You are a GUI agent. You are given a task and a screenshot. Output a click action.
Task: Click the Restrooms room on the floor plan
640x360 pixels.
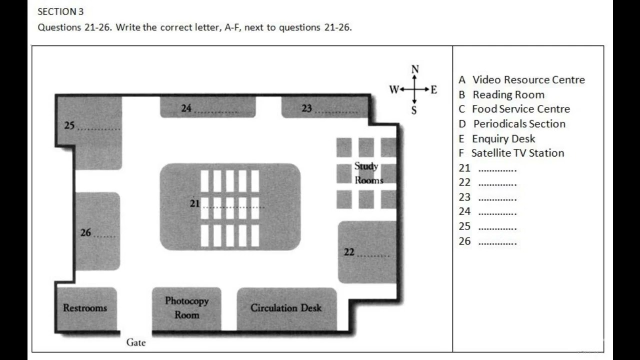(x=85, y=308)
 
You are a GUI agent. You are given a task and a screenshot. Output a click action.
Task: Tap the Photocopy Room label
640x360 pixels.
(x=186, y=308)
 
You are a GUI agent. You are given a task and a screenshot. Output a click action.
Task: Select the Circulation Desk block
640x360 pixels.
(x=286, y=308)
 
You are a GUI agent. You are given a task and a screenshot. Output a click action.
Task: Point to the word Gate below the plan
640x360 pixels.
(x=135, y=342)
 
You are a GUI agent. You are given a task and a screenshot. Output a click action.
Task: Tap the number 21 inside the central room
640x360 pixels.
(x=194, y=203)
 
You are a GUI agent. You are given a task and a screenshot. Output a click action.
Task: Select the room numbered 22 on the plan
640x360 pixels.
(x=367, y=252)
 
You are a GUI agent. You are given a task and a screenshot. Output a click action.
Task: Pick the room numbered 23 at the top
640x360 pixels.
(x=325, y=108)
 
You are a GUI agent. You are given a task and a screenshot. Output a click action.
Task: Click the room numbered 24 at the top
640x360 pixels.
(x=207, y=108)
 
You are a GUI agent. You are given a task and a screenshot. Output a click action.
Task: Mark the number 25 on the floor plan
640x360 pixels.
(x=69, y=125)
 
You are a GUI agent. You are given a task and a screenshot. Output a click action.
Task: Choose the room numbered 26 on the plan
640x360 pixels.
(x=97, y=231)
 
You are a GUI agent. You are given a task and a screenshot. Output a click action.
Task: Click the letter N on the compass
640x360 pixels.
(x=414, y=69)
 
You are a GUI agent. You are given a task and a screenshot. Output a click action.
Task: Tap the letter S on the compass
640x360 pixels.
(x=414, y=110)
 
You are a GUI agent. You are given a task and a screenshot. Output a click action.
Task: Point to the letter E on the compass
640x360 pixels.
(x=433, y=90)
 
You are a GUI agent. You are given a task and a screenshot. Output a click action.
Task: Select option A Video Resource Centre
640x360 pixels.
(x=521, y=80)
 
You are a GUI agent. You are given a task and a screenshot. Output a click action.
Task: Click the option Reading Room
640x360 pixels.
(x=508, y=94)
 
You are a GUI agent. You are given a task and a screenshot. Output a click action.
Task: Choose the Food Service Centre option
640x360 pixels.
(x=520, y=109)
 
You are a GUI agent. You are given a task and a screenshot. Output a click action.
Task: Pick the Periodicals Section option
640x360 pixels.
(x=519, y=124)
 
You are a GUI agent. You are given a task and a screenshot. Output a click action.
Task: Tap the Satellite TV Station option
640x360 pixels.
(x=517, y=153)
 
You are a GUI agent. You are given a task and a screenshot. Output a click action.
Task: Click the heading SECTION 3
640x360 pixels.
(x=60, y=12)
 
